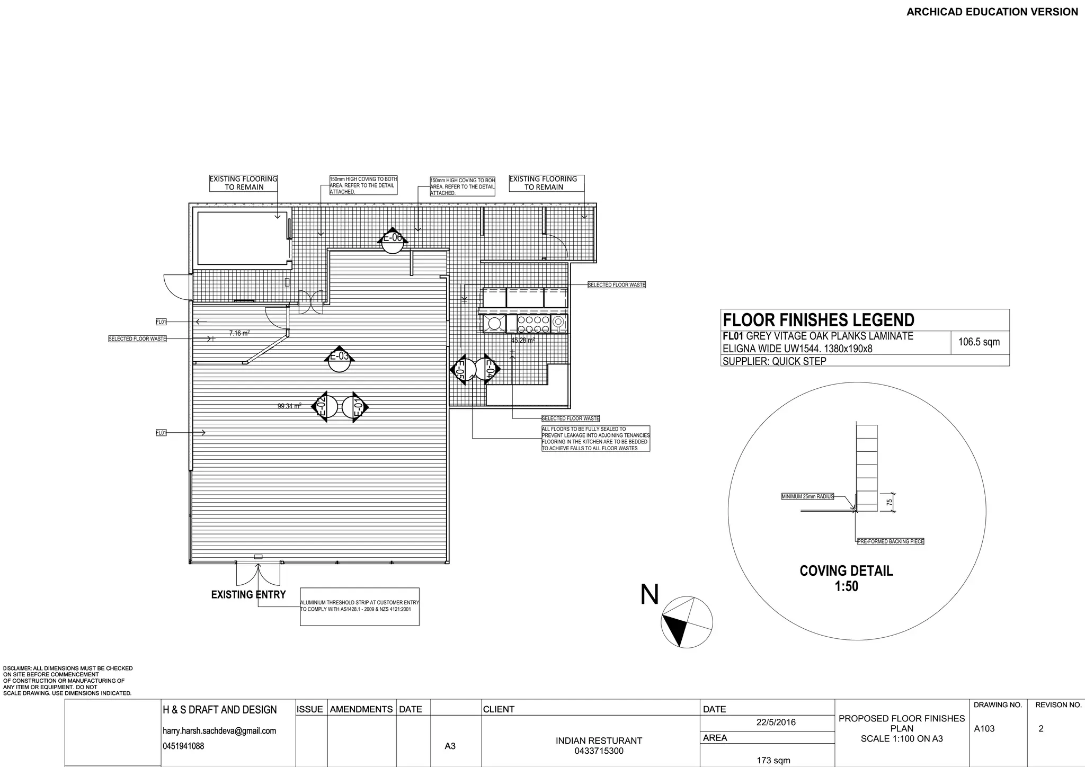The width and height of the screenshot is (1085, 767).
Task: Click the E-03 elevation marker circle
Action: pyautogui.click(x=339, y=360)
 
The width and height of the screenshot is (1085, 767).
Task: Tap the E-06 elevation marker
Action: pyautogui.click(x=393, y=242)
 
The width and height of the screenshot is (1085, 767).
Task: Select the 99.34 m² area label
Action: pyautogui.click(x=289, y=406)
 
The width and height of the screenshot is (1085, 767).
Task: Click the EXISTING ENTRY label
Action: pyautogui.click(x=248, y=594)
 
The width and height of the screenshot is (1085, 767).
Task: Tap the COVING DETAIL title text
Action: pyautogui.click(x=846, y=571)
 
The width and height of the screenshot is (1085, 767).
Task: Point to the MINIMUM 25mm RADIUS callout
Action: pyautogui.click(x=807, y=497)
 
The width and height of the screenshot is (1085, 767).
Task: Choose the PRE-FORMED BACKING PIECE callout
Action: pyautogui.click(x=891, y=541)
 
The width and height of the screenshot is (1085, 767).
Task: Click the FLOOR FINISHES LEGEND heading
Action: pyautogui.click(x=819, y=320)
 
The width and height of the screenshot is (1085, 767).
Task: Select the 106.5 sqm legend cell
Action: pyautogui.click(x=979, y=342)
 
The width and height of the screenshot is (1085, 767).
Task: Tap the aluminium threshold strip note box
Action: pyautogui.click(x=360, y=606)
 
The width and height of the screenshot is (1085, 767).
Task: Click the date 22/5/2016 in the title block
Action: pyautogui.click(x=776, y=723)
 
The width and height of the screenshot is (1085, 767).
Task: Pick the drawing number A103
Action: pyautogui.click(x=984, y=729)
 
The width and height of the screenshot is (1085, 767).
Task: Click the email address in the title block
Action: pyautogui.click(x=219, y=731)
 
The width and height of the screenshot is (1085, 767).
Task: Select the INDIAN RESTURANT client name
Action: pyautogui.click(x=599, y=741)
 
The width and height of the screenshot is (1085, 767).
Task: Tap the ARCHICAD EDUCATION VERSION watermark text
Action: pyautogui.click(x=992, y=12)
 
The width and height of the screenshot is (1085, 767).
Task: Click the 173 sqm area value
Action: pyautogui.click(x=773, y=761)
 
